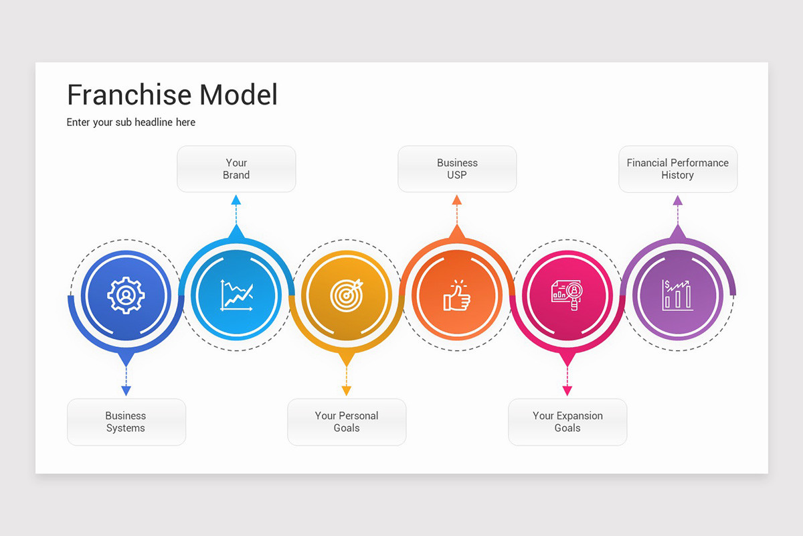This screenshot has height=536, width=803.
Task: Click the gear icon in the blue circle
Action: pos(125,295)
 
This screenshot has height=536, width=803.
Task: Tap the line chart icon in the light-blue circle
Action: pos(236,295)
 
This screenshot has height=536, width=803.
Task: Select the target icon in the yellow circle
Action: pos(347,295)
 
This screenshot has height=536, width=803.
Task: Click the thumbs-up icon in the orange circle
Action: pos(457,295)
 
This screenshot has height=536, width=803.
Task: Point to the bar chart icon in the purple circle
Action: pos(677,295)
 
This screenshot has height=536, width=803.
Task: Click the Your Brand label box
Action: pos(236,169)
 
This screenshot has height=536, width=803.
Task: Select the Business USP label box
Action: pos(457,169)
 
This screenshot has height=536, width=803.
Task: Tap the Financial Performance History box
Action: pos(678,169)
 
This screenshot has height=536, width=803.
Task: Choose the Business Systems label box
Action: pos(126,422)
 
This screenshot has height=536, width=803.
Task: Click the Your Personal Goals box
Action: pos(347,422)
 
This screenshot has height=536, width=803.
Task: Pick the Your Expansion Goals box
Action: pos(567,422)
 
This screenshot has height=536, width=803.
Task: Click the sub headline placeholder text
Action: pos(131,123)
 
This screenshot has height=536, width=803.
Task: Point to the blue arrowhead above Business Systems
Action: pos(126,391)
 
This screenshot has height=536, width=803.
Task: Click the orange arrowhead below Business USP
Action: pos(457,200)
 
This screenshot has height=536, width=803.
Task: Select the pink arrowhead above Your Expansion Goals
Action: pos(567,391)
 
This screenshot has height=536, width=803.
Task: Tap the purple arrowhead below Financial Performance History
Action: pos(678,200)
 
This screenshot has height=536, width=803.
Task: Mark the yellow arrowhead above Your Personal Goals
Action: pos(347,391)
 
